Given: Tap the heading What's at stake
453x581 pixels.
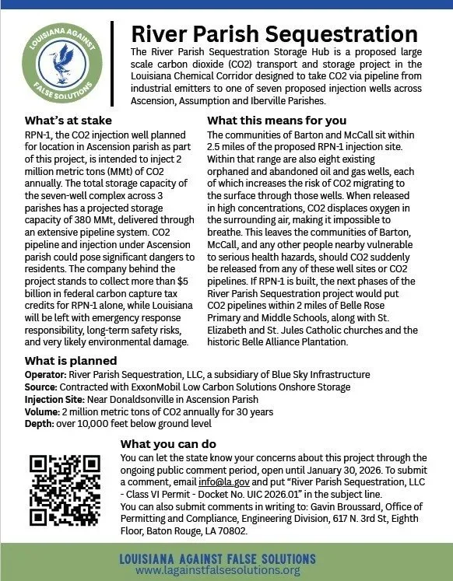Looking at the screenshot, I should pos(68,121).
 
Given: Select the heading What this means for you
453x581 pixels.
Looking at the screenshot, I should pos(276,121).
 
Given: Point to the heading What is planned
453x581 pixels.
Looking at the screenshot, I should pos(71,361).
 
